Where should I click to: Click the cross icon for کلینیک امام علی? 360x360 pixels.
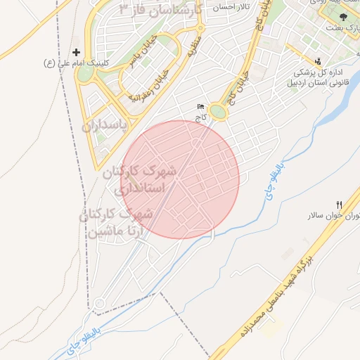77,52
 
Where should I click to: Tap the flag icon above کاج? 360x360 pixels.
201,107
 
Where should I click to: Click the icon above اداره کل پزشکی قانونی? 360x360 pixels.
319,60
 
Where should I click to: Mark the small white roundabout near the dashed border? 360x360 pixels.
100,304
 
